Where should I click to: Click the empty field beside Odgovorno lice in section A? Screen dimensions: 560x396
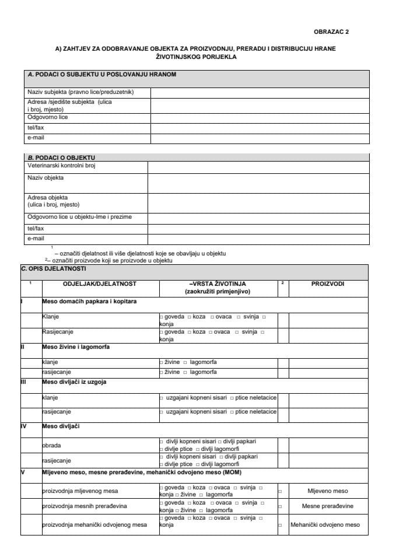click(x=260, y=117)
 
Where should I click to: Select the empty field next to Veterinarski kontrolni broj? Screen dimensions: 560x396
click(x=258, y=166)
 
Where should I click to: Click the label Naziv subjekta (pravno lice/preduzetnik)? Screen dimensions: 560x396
click(x=81, y=92)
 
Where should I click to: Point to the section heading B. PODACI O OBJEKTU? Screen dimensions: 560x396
click(x=61, y=157)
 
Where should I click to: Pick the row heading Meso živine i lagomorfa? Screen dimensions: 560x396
click(x=76, y=346)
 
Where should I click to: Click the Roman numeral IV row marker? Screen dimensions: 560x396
click(x=24, y=426)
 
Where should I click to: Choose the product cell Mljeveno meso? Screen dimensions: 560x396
click(x=327, y=491)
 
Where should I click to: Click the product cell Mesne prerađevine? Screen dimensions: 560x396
click(x=327, y=506)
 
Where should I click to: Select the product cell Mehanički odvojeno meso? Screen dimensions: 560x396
click(x=327, y=524)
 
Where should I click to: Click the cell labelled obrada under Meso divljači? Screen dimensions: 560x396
click(x=51, y=444)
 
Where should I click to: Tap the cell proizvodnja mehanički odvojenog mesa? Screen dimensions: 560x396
click(x=94, y=524)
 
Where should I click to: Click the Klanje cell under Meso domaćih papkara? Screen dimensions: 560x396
click(x=51, y=317)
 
